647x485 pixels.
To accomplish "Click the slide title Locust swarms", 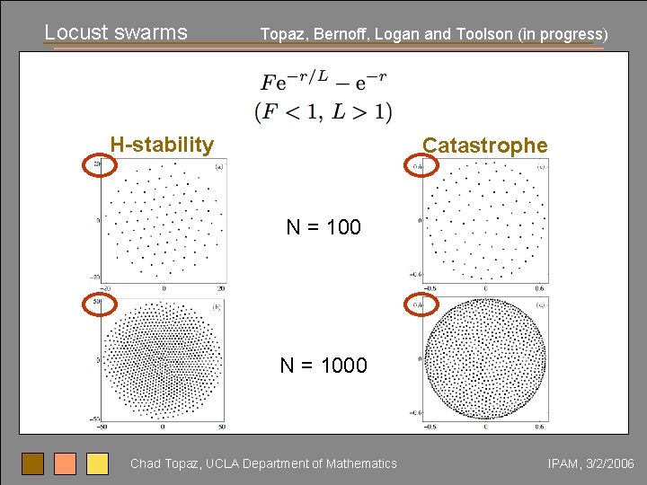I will (116, 32).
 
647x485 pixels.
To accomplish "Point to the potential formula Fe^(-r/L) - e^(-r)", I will (323, 81).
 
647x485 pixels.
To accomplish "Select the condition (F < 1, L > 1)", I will (323, 111).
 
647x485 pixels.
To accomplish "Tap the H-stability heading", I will (162, 145).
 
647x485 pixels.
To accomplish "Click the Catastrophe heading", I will (484, 145).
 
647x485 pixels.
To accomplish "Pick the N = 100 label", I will (323, 227).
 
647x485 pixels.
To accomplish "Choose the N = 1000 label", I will (323, 365).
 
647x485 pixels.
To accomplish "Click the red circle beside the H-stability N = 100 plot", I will (100, 164).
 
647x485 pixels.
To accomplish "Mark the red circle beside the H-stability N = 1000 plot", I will (100, 304).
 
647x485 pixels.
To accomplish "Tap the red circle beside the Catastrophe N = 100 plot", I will (420, 165).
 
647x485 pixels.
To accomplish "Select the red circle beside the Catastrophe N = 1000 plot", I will (420, 304).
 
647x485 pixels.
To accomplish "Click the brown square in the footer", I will (32, 463).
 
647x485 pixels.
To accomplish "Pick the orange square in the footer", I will (65, 463).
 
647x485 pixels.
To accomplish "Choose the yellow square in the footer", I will (97, 463).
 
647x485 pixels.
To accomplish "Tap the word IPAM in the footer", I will (563, 463).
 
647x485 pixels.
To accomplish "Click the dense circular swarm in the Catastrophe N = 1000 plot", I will (485, 358).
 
